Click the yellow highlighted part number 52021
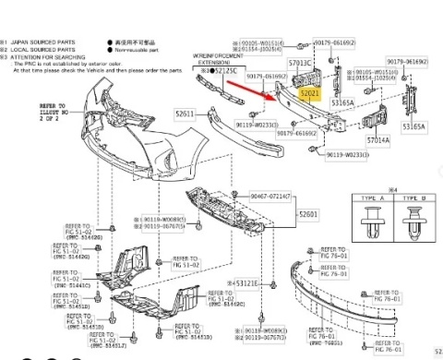pyautogui.click(x=308, y=94)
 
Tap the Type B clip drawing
pyautogui.click(x=412, y=238)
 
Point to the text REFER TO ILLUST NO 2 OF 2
pyautogui.click(x=53, y=116)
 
